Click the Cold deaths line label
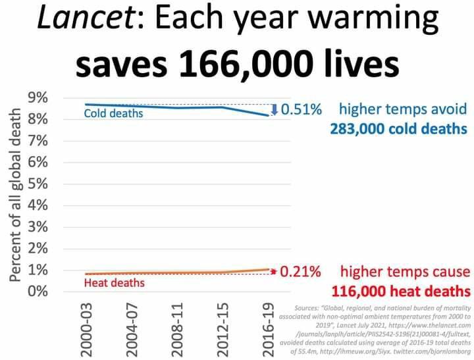pos(113,114)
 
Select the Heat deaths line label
pos(115,283)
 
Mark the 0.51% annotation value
pos(301,109)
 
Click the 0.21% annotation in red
pos(301,271)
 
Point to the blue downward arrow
pos(275,110)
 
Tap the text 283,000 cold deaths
pos(400,127)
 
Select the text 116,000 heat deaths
pos(400,290)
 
